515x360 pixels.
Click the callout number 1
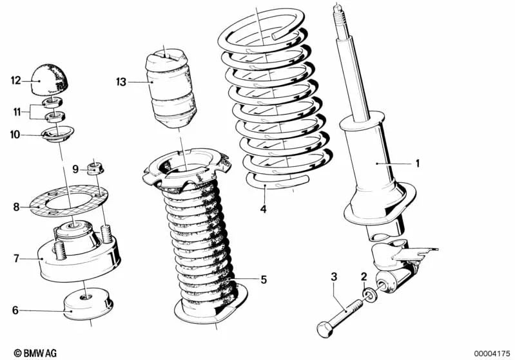[417, 164]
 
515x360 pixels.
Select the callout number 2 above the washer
[364, 277]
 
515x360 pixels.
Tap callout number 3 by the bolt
[334, 277]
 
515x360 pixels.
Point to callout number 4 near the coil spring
[263, 208]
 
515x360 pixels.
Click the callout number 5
[263, 279]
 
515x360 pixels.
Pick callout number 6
[15, 310]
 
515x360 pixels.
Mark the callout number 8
[16, 207]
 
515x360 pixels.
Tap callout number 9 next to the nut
[75, 169]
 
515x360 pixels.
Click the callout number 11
[16, 111]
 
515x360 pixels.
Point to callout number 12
[16, 81]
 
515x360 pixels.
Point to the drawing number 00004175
[492, 353]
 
